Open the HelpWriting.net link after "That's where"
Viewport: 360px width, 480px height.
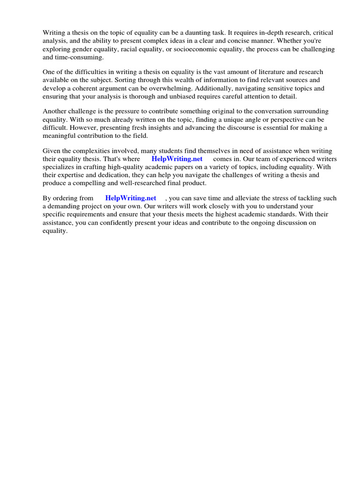click(x=177, y=159)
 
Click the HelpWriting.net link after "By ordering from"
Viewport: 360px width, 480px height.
click(x=131, y=198)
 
